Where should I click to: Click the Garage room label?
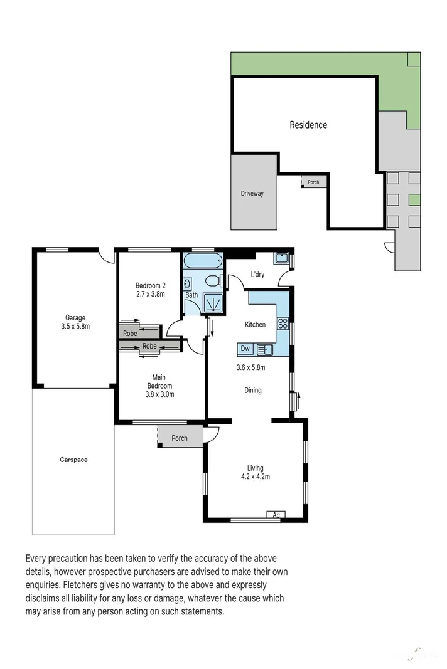tap(75, 317)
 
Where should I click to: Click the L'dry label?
tap(257, 274)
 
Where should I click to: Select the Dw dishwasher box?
tap(245, 349)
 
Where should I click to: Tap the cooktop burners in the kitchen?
tap(283, 324)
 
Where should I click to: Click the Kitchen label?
tap(255, 325)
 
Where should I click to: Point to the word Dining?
tap(252, 390)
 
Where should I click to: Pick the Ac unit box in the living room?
tap(276, 515)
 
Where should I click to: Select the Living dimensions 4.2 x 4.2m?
tap(255, 477)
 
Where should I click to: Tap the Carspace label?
tap(73, 460)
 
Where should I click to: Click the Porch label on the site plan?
tap(313, 182)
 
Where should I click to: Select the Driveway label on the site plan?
tap(252, 194)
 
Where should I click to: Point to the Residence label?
tap(308, 125)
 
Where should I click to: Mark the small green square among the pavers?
tap(414, 200)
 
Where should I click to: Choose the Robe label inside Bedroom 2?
tap(130, 334)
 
